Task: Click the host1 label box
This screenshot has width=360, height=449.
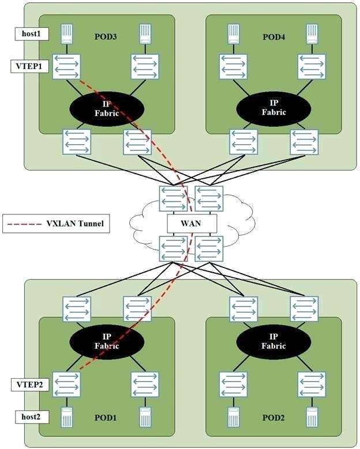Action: (32, 34)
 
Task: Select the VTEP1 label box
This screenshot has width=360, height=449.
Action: (29, 66)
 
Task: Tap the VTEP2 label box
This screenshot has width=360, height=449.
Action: (29, 384)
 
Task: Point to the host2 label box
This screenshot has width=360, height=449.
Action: (32, 417)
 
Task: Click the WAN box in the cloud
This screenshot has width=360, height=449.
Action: (191, 223)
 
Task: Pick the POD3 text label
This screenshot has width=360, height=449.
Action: (106, 37)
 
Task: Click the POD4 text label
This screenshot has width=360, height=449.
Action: (273, 37)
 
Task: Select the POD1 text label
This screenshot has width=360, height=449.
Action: (106, 417)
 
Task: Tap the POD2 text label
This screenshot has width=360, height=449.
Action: (273, 417)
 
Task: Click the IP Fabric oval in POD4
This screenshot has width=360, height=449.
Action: (273, 108)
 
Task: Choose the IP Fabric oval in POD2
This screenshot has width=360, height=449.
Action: (273, 341)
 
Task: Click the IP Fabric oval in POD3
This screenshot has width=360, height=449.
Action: (107, 108)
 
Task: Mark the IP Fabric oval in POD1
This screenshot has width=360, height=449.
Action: (107, 341)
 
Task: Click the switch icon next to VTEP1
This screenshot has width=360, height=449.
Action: (66, 66)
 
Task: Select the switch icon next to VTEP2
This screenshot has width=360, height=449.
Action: (66, 384)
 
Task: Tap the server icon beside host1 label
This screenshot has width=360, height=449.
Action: (66, 34)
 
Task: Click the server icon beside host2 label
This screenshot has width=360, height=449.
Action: (66, 417)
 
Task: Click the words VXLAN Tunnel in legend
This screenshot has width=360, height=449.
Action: (75, 224)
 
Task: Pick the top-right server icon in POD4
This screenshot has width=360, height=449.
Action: (312, 34)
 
